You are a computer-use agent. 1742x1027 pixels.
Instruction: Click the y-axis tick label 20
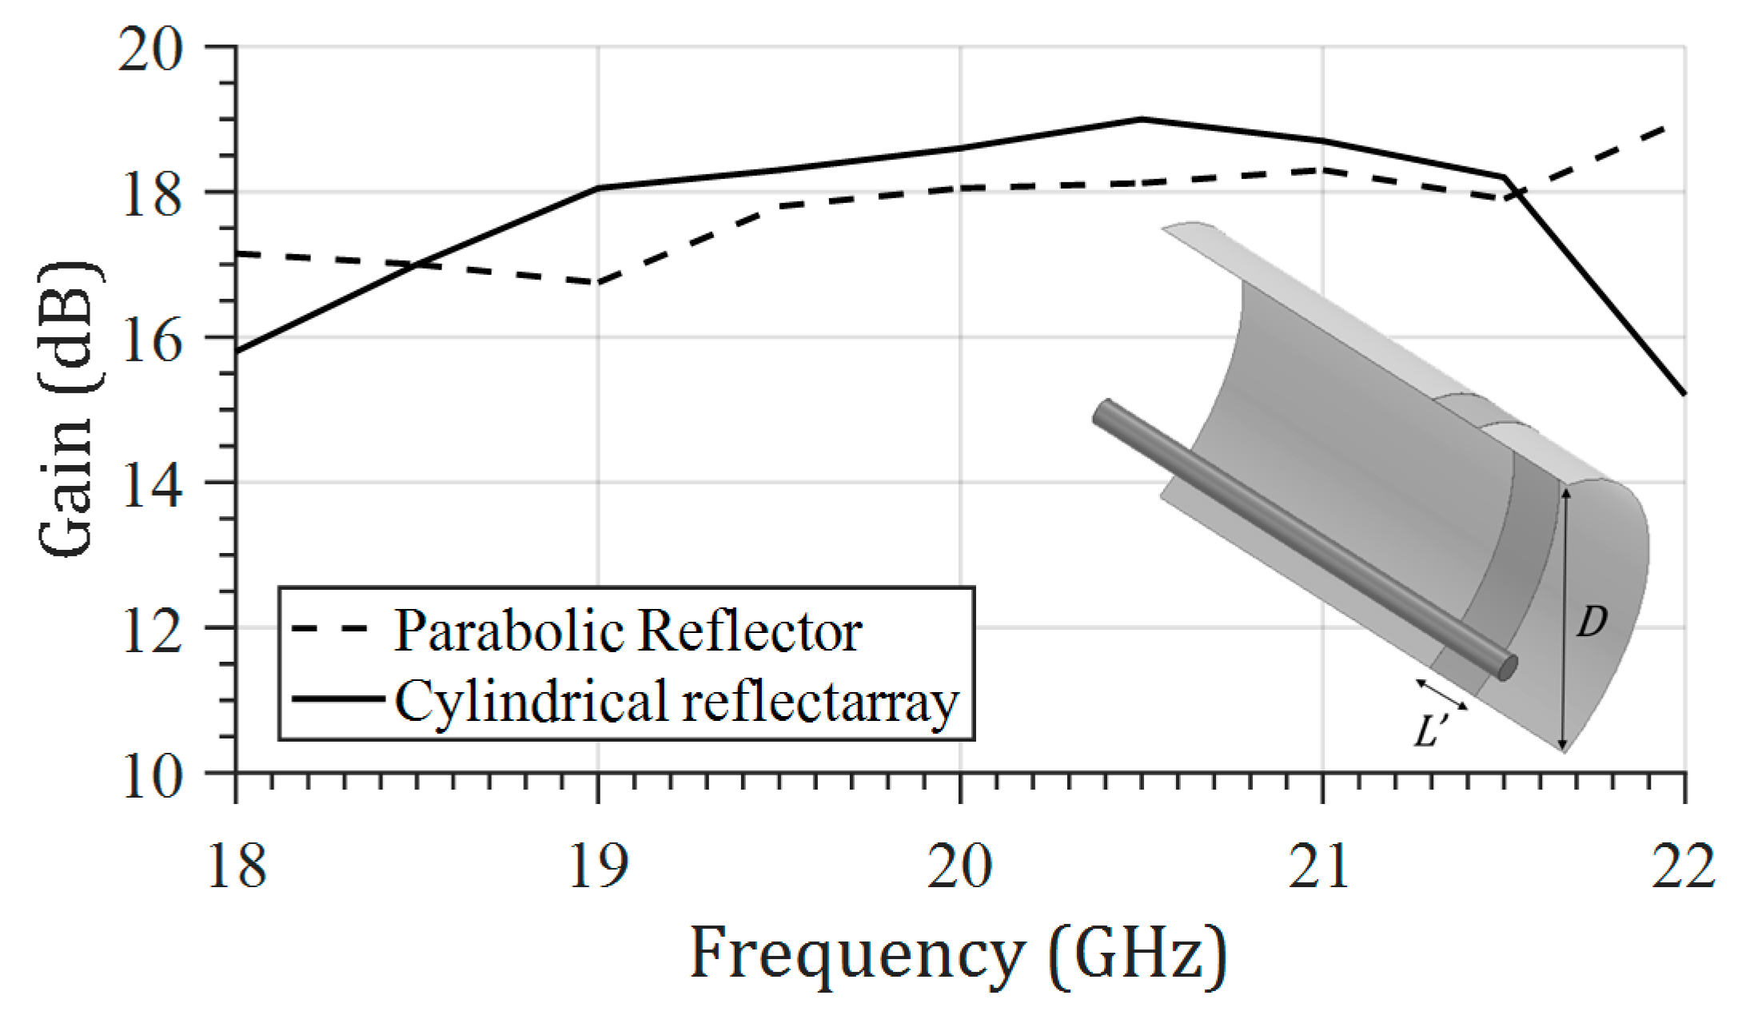coord(150,50)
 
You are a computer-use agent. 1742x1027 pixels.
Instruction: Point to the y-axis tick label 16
coord(150,340)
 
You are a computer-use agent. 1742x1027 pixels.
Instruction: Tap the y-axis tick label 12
coord(150,629)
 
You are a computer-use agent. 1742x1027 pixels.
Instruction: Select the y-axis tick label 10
coord(150,774)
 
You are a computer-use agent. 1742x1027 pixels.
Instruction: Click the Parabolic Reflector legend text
coord(628,631)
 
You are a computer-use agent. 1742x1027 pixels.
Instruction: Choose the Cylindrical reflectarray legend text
coord(676,702)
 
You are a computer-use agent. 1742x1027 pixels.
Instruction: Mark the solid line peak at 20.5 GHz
coord(1142,119)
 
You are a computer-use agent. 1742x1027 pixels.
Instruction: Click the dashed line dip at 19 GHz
coord(598,282)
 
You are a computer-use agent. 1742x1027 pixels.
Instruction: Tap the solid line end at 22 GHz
coord(1684,393)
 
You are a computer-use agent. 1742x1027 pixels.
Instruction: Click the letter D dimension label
coord(1591,621)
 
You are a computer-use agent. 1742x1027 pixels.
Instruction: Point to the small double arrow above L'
coord(1441,694)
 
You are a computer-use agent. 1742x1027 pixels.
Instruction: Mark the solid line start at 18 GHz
coord(237,352)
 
